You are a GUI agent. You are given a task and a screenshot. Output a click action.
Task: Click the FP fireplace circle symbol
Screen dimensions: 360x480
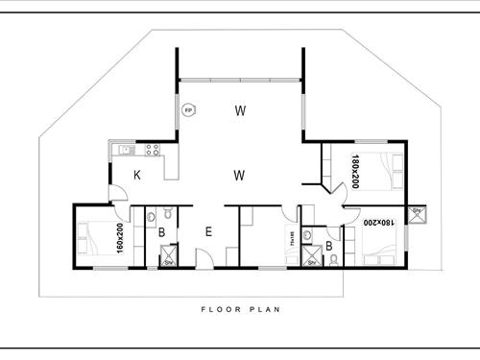pos(188,110)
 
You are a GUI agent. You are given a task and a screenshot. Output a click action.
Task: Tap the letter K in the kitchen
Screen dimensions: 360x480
pos(137,175)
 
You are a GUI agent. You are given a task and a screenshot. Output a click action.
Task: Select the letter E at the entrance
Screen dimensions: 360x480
pos(207,231)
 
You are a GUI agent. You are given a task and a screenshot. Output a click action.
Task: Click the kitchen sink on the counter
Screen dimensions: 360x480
pos(124,150)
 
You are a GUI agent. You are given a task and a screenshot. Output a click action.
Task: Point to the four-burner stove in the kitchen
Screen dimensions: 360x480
pos(151,150)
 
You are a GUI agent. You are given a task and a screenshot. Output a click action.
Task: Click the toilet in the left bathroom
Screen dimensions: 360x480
pos(166,213)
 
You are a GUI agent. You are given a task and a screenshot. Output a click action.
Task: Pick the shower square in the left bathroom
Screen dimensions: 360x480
pos(167,257)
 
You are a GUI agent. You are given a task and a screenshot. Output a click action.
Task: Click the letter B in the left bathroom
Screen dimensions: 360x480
pos(162,233)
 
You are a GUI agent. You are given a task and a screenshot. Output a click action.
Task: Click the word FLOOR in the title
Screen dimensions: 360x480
pos(220,309)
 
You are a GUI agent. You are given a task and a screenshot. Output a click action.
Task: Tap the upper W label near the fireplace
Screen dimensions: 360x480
pos(239,111)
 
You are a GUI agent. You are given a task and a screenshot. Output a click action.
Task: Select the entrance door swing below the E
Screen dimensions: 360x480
pos(204,256)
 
